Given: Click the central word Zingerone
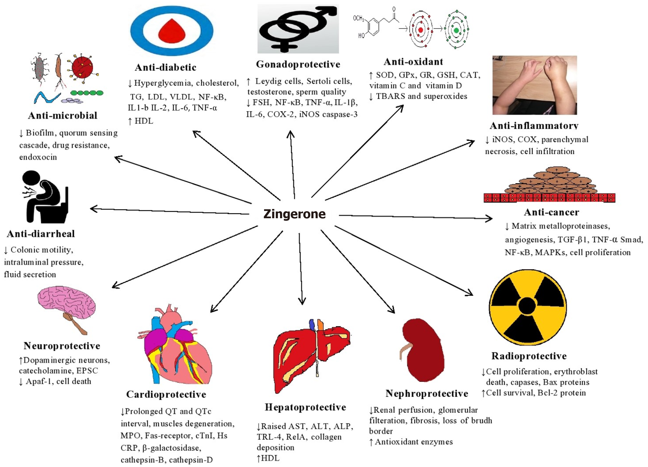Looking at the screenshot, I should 294,214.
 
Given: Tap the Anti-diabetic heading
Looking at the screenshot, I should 166,68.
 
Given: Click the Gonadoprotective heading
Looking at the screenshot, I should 298,64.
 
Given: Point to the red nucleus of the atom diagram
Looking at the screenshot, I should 420,30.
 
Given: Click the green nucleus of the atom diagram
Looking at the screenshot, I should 456,30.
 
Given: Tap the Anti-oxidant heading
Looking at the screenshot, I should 413,62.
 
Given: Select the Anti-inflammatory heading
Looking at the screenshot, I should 534,126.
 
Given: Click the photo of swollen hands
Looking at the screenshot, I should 534,85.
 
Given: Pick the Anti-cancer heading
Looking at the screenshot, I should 551,212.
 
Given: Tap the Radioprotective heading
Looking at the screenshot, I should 529,356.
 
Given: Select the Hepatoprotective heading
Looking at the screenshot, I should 305,407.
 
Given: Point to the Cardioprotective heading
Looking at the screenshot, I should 166,394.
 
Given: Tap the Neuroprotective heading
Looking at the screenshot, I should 62,346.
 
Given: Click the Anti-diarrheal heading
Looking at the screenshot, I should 41,234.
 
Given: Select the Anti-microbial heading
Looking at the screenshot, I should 62,115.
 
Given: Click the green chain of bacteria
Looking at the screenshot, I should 87,93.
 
